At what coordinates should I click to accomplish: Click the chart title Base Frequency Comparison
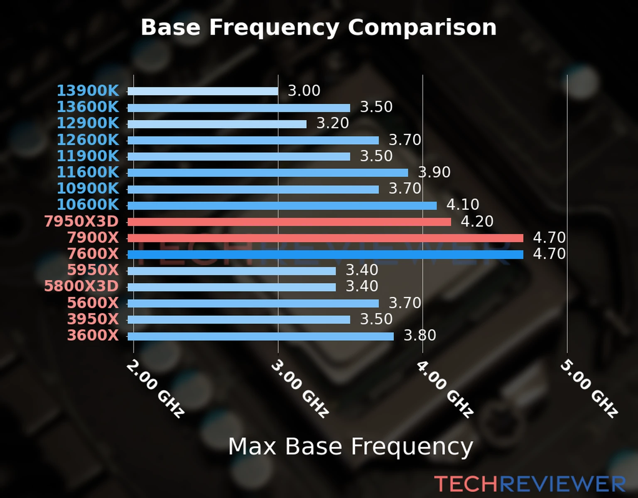click(x=319, y=28)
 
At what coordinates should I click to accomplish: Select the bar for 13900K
click(x=203, y=91)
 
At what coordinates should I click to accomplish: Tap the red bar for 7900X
click(x=325, y=238)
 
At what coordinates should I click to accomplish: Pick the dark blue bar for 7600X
click(x=325, y=254)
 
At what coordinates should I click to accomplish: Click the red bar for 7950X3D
click(x=289, y=222)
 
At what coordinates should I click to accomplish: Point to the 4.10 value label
click(x=463, y=205)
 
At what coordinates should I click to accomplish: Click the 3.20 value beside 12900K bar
click(x=333, y=123)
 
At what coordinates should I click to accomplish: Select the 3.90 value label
click(x=434, y=172)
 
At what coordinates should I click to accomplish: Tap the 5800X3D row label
click(x=81, y=286)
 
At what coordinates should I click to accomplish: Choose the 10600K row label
click(x=88, y=205)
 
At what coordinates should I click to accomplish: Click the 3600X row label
click(x=93, y=335)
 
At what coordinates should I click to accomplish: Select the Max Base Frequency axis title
click(x=351, y=447)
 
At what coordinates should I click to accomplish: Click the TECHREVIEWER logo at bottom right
click(x=530, y=484)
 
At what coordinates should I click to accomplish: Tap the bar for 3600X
click(x=260, y=336)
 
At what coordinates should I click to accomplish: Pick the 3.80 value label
click(x=420, y=335)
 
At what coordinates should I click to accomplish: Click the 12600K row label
click(x=88, y=140)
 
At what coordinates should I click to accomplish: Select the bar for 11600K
click(x=267, y=173)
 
